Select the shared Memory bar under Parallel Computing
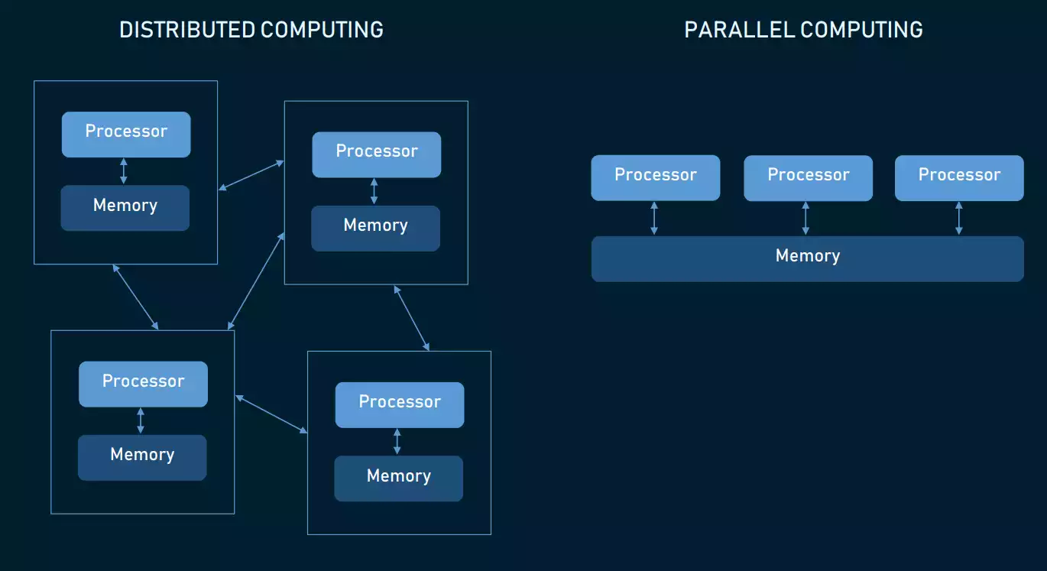point(807,258)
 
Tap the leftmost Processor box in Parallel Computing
point(655,177)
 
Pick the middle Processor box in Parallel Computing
point(808,177)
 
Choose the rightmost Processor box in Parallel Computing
point(958,177)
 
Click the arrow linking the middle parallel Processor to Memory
point(805,219)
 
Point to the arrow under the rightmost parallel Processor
point(958,219)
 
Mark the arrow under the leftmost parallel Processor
point(654,219)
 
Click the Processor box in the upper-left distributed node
point(126,134)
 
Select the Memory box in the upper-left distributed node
point(125,208)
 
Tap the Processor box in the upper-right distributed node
point(376,154)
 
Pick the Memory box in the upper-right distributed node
point(375,228)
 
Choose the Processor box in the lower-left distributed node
point(143,384)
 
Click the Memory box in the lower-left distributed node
point(142,457)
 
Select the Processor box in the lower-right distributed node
point(399,404)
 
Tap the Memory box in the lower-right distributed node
point(398,479)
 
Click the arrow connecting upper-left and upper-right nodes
point(251,175)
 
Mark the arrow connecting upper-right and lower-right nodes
point(411,317)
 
